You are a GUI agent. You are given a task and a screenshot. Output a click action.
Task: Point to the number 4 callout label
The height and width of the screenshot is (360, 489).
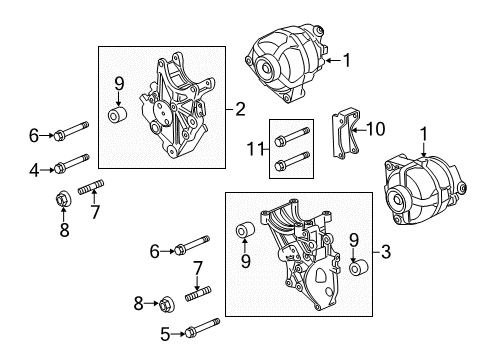[x=34, y=170]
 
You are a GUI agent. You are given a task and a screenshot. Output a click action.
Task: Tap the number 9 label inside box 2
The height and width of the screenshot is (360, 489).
[x=118, y=83]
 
